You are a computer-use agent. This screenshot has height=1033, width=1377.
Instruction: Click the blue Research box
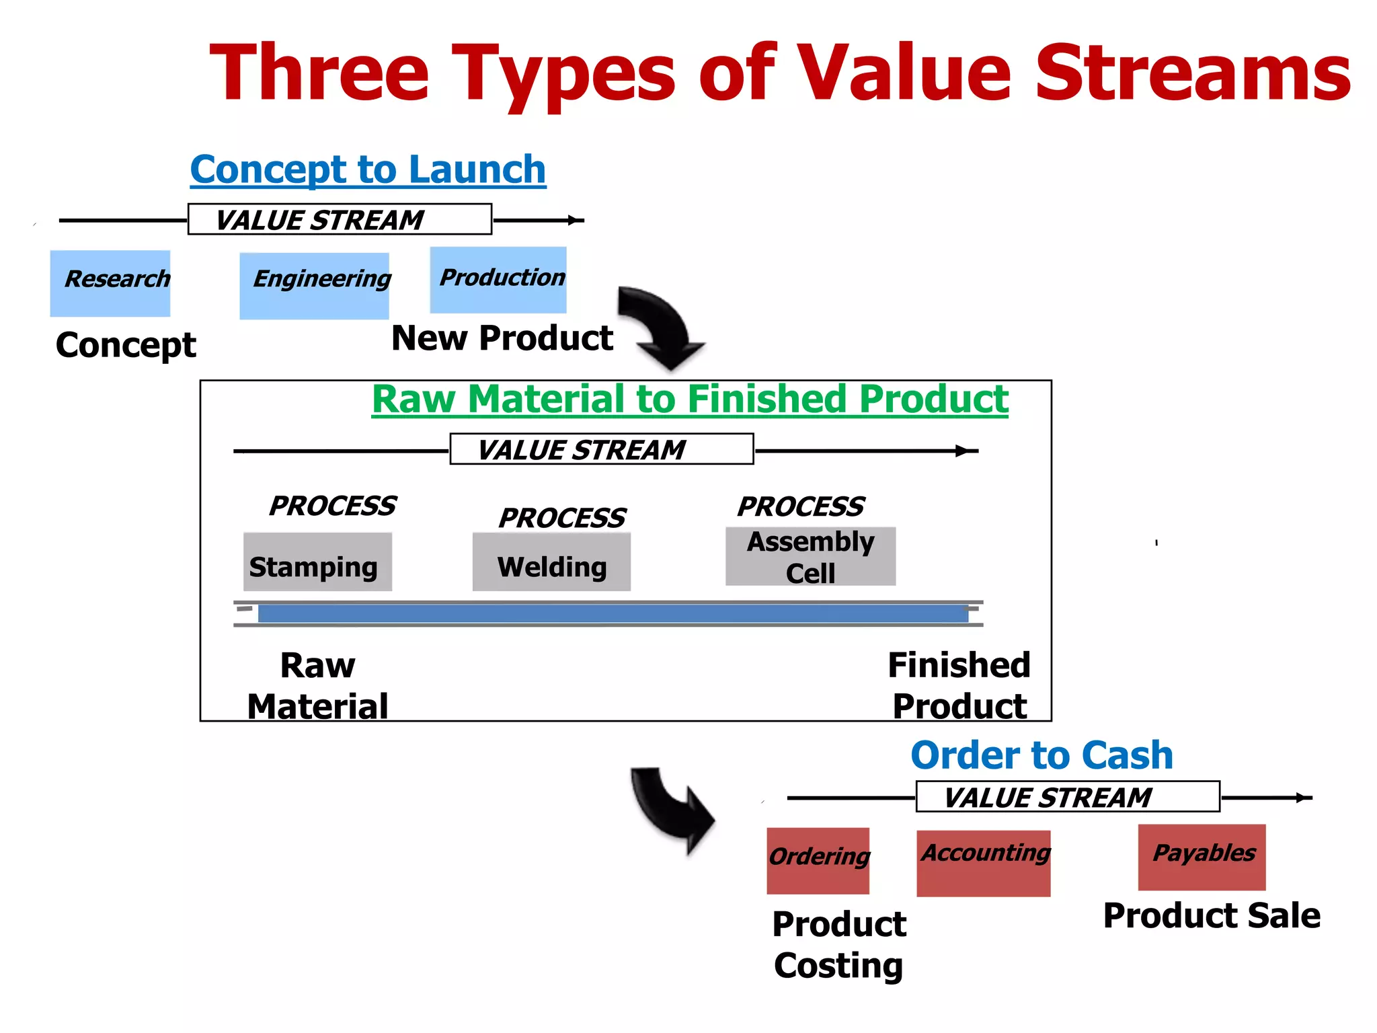110,283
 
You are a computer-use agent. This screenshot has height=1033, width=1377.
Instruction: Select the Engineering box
314,286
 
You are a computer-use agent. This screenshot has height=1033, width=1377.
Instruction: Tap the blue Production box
498,280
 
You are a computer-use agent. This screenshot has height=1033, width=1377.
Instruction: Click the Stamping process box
317,562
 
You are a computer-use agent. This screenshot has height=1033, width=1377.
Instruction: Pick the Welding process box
551,562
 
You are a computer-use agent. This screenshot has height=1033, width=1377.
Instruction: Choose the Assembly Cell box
810,556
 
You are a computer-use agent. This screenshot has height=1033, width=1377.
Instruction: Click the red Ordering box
818,860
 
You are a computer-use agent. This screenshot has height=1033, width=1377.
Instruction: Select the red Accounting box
983,863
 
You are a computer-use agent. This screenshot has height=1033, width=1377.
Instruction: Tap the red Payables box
1202,857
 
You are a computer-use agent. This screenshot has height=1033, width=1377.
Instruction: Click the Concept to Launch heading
368,169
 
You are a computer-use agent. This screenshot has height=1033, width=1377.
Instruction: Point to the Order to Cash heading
1041,755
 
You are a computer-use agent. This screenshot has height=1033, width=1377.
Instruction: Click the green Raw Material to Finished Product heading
690,399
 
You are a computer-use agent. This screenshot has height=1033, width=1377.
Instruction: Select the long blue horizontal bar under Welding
612,613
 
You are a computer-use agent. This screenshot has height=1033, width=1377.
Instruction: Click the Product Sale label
1212,916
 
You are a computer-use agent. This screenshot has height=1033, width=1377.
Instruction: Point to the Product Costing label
838,944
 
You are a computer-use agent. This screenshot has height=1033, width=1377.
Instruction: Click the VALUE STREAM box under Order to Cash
1067,797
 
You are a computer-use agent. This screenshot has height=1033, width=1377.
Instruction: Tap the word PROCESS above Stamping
332,506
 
